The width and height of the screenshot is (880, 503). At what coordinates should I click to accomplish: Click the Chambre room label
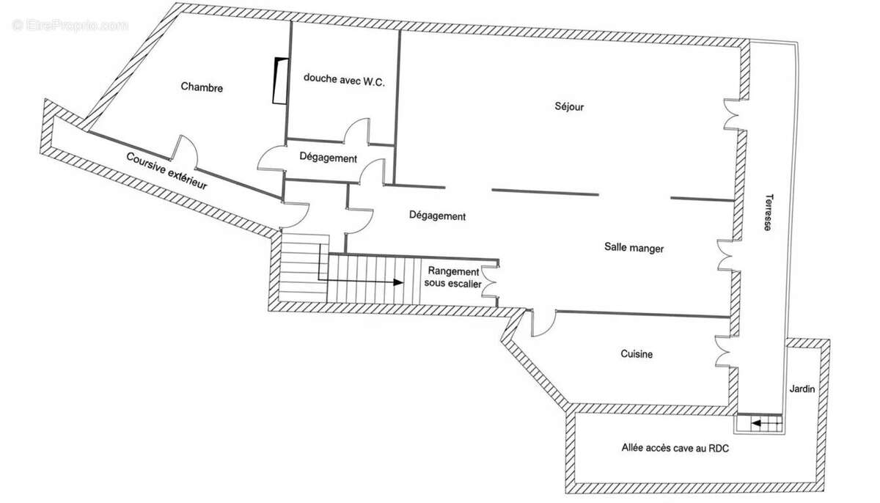pyautogui.click(x=202, y=87)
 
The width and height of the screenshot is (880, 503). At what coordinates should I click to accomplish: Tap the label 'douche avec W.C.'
pyautogui.click(x=344, y=80)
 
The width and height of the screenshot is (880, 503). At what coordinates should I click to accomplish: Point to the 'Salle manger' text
pyautogui.click(x=634, y=249)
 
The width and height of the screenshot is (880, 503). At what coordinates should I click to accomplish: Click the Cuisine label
pyautogui.click(x=636, y=354)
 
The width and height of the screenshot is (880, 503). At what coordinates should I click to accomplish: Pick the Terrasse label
pyautogui.click(x=767, y=212)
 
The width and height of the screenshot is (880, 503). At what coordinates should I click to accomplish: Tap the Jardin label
pyautogui.click(x=802, y=389)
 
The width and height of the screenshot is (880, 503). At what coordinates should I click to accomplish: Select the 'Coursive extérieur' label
pyautogui.click(x=166, y=172)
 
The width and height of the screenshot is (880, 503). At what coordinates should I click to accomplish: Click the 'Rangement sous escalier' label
pyautogui.click(x=453, y=276)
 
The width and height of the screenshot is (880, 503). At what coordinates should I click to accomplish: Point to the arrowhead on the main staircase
pyautogui.click(x=398, y=282)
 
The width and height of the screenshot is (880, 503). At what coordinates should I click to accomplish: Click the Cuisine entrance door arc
pyautogui.click(x=541, y=324)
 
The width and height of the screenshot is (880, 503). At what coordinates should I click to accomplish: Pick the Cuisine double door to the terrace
pyautogui.click(x=722, y=349)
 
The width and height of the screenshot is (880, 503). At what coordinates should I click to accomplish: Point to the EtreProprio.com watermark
pyautogui.click(x=70, y=26)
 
